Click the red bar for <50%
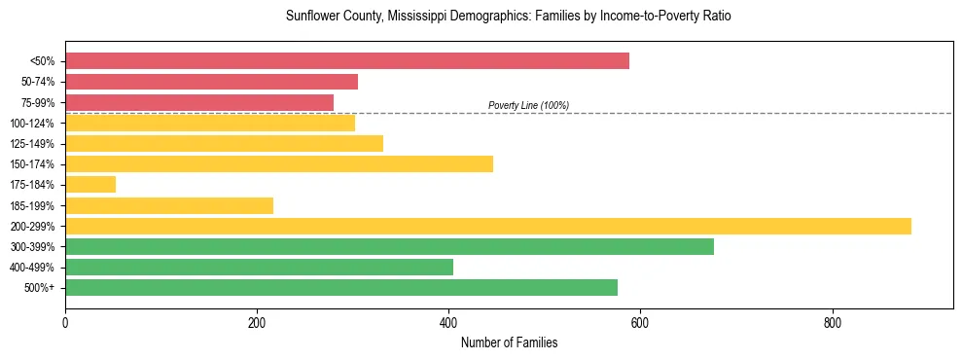(347, 61)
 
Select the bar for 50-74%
(211, 82)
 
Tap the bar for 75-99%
(199, 102)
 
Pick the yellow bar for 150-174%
(279, 164)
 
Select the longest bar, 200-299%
(488, 227)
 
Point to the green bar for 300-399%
(389, 247)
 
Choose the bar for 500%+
(341, 288)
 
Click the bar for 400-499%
(259, 268)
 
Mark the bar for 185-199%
(169, 206)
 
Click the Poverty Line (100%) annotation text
(528, 105)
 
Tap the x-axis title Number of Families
(509, 343)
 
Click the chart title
(508, 17)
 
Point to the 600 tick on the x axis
(640, 323)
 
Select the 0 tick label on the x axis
(65, 323)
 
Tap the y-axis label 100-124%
(32, 124)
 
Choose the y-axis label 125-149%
(32, 144)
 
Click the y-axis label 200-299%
(32, 227)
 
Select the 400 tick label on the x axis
(448, 323)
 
